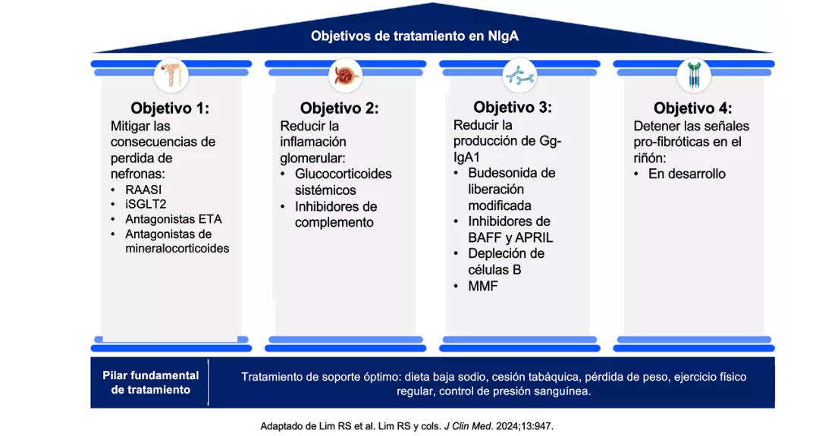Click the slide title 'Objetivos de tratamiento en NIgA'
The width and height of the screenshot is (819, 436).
414,36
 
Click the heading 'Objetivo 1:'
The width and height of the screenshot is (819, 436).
170,108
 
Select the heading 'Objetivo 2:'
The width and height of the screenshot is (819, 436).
339,108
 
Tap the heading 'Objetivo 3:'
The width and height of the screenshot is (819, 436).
513,107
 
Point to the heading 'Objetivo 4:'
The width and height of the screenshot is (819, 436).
692,108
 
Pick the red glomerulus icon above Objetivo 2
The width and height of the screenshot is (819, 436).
345,74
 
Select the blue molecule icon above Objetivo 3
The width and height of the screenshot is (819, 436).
519,74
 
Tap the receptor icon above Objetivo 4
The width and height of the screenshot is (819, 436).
693,74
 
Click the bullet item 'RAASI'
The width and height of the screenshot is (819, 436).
143,190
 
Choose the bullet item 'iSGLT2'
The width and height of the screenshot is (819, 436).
146,205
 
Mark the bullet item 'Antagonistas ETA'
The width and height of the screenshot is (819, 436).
173,219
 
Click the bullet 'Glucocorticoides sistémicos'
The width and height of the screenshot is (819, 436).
343,182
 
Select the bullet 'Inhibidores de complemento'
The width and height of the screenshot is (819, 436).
336,215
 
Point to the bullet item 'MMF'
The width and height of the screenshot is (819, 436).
483,286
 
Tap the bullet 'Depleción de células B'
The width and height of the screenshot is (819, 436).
506,262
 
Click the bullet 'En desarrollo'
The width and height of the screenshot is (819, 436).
686,174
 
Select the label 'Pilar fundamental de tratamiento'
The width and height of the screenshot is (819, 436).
151,383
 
